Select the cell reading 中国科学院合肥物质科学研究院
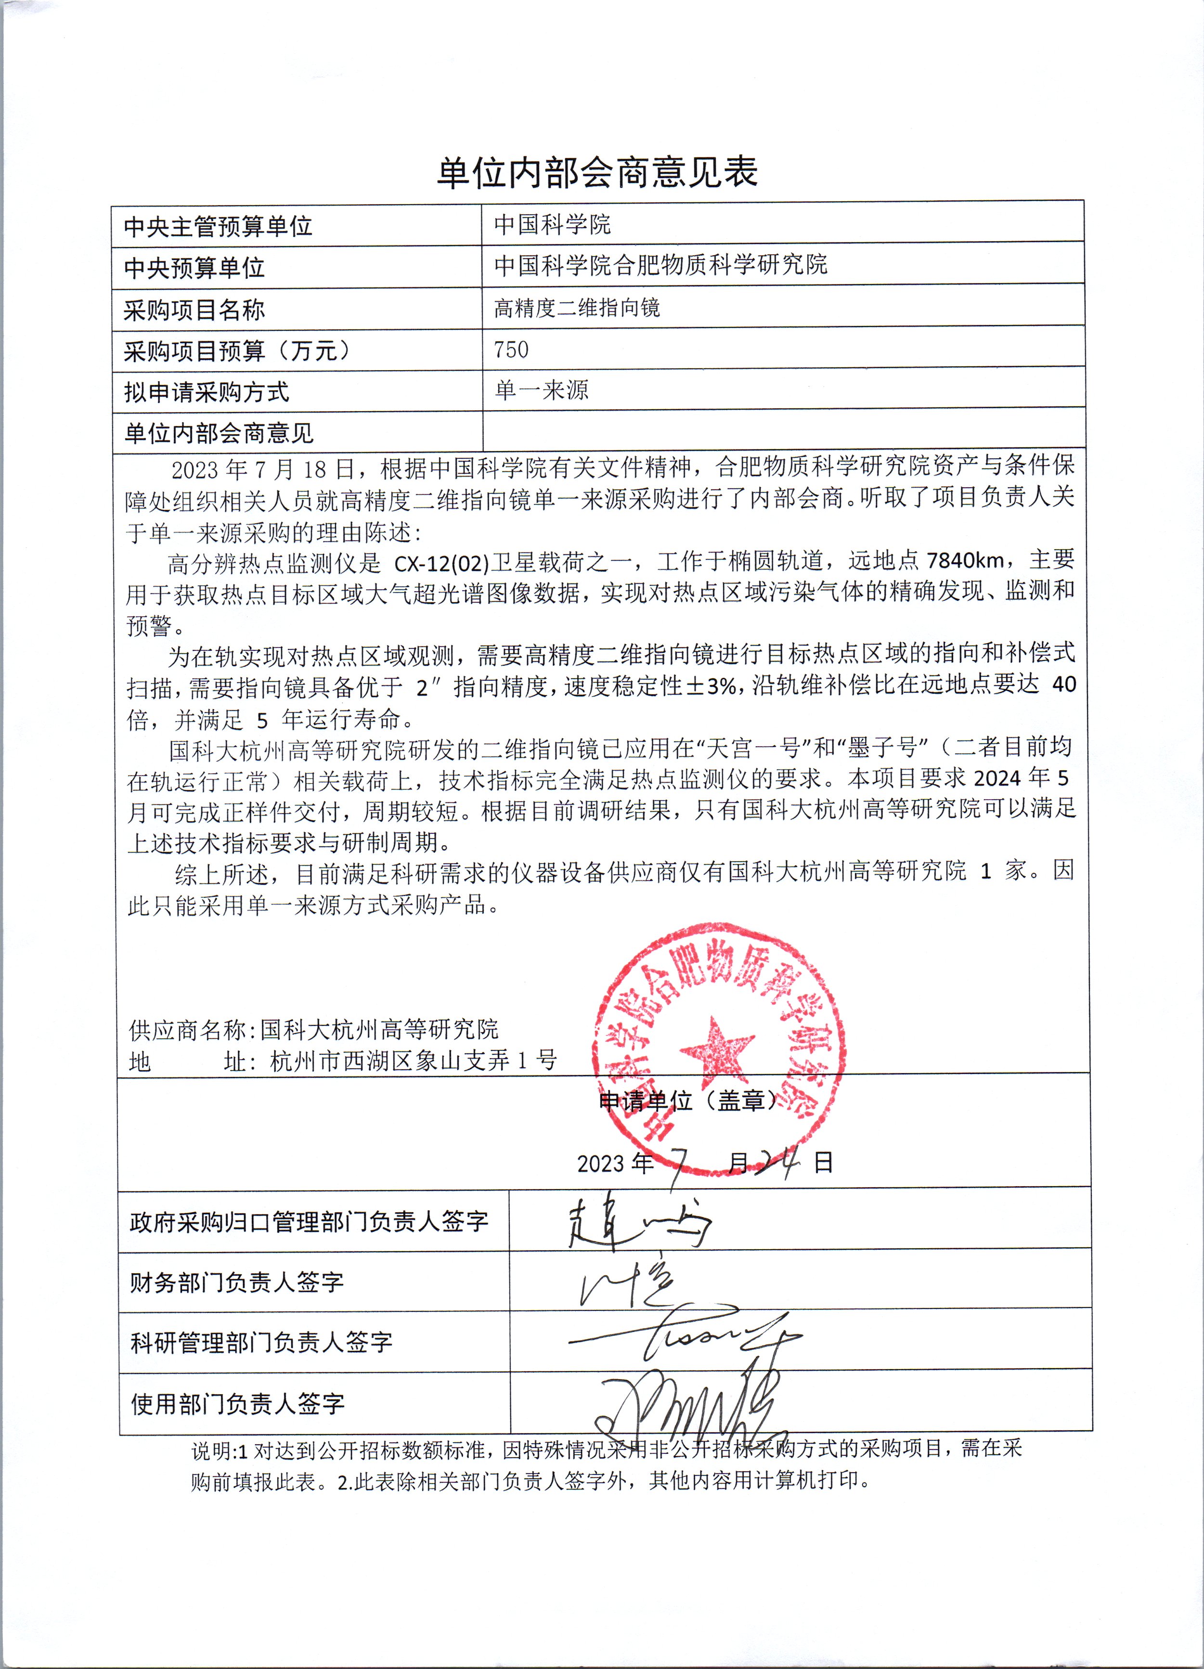[x=660, y=265]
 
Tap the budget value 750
[x=511, y=349]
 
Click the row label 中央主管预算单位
[x=218, y=227]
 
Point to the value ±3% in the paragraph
[x=711, y=686]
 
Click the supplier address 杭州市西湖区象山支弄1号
[x=414, y=1061]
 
